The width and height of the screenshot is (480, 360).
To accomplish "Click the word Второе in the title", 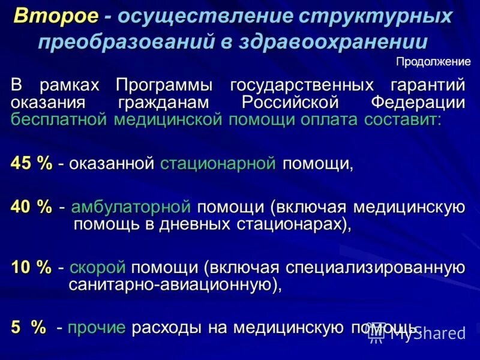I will coord(56,17).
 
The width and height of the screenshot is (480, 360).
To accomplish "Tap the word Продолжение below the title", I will coord(433,62).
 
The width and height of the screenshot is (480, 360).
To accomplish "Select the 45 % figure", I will coord(32,164).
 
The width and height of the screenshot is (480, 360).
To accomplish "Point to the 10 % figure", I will coord(32,268).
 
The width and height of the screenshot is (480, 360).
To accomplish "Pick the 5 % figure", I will coord(29,328).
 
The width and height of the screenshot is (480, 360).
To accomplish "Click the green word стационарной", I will coord(218,164).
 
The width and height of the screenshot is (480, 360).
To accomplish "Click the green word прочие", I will coord(97,328).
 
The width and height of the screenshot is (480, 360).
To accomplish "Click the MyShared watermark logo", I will coord(417,334).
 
